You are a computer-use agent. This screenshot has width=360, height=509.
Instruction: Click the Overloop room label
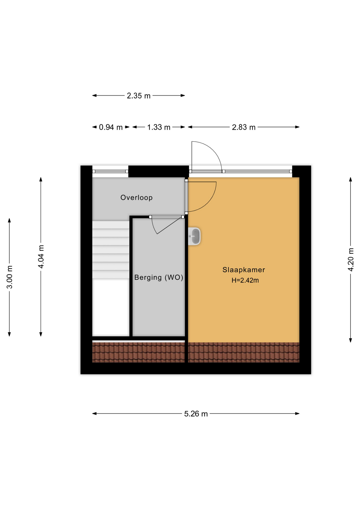tap(136, 198)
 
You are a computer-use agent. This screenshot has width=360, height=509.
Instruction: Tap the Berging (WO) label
tap(159, 277)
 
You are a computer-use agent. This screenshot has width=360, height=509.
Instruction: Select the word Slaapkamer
tap(244, 270)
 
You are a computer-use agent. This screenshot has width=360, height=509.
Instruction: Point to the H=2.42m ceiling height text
tap(245, 280)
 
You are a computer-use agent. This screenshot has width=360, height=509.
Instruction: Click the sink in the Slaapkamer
tap(194, 236)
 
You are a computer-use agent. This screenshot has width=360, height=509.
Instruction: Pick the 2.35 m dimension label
tap(138, 96)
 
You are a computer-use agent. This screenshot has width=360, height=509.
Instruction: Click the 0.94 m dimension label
tap(111, 127)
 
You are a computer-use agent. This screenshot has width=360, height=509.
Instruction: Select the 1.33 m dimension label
tap(159, 127)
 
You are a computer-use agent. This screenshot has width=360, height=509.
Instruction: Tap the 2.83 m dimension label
tap(244, 127)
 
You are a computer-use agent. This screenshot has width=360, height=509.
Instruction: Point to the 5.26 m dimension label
tap(196, 414)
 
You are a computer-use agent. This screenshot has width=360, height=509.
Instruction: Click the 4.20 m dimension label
tap(350, 260)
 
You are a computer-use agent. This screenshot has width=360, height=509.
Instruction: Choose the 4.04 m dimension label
tap(41, 257)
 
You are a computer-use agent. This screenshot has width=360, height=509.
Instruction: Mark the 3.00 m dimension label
tap(9, 277)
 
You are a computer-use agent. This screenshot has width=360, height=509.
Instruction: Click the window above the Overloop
tap(110, 172)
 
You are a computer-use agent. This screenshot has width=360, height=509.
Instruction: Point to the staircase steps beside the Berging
tap(111, 250)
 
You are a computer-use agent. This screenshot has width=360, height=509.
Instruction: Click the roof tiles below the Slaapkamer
tap(244, 352)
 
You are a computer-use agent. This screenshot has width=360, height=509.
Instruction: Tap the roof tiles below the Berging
tap(138, 352)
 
